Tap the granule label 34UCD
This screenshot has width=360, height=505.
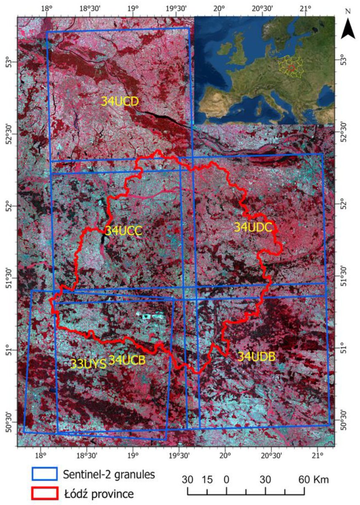(120, 101)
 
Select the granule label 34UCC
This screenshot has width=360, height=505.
(123, 231)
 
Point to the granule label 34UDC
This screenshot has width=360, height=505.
(253, 227)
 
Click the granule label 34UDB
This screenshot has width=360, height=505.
(256, 356)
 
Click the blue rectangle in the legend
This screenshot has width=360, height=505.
(44, 474)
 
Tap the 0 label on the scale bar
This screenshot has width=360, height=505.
(227, 479)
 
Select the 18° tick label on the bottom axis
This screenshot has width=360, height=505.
(40, 454)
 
